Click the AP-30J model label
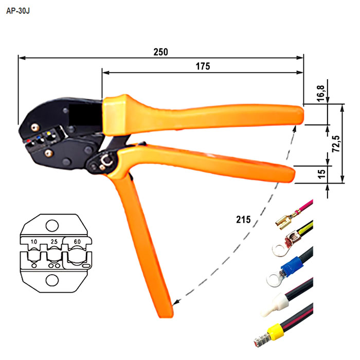(x=18, y=11)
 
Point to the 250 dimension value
(x=160, y=52)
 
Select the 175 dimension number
(x=203, y=66)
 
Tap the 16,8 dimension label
(x=321, y=93)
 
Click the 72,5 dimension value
(x=336, y=143)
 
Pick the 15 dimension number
(x=321, y=174)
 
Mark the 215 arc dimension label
(x=243, y=220)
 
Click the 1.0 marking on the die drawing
(x=34, y=242)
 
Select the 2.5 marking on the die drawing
(x=54, y=242)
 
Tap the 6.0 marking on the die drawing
(x=77, y=242)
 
